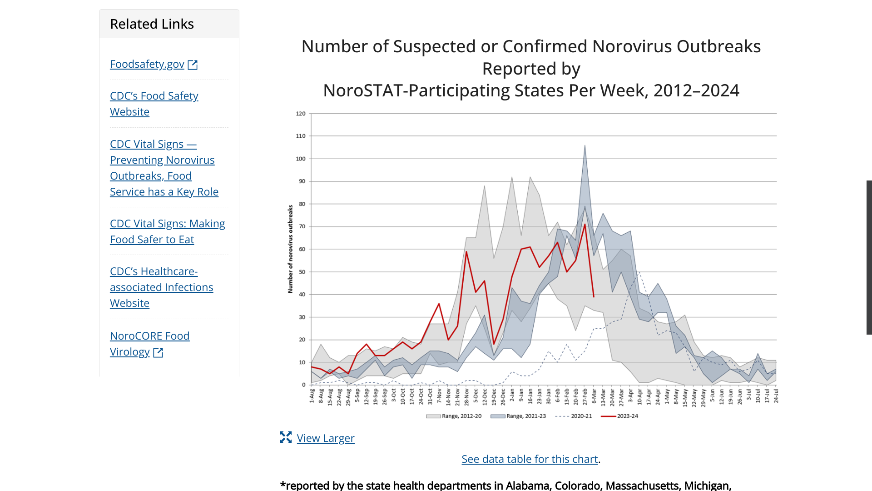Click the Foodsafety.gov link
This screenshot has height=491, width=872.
coord(147,64)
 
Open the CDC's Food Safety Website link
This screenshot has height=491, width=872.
coord(154,104)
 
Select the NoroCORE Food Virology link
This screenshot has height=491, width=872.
coord(149,344)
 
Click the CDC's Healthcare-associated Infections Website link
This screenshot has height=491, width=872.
coord(161,287)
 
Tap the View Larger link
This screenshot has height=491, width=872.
coord(325,438)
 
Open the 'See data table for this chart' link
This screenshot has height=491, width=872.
coord(530,459)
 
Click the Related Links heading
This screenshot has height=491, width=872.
coord(152,24)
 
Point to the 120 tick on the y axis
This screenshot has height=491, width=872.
coord(301,114)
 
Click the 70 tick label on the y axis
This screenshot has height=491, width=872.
coord(302,226)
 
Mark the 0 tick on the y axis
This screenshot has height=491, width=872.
coord(304,385)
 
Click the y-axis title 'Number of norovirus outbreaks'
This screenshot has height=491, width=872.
coord(291,249)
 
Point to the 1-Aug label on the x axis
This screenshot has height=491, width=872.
coord(312,396)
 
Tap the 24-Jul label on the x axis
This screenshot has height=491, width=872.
coord(776,396)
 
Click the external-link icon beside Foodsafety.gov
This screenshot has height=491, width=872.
coord(193,65)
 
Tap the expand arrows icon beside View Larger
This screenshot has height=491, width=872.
coord(286,437)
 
